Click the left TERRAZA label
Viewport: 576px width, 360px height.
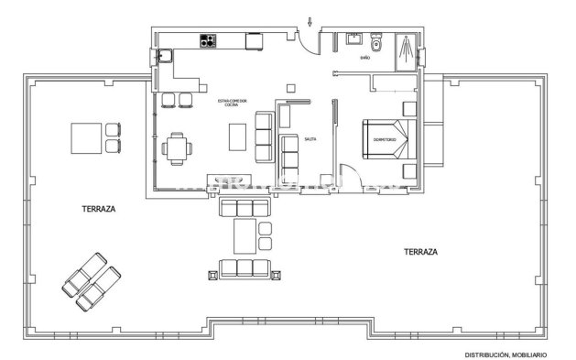(x=98, y=209)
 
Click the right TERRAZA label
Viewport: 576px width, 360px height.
(x=420, y=250)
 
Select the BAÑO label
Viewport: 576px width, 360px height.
(x=364, y=57)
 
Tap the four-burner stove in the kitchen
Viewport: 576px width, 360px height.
(x=209, y=40)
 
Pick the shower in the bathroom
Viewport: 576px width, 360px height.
(x=404, y=50)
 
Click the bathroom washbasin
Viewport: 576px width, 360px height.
(x=353, y=39)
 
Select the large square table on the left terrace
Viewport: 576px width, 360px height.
(x=88, y=138)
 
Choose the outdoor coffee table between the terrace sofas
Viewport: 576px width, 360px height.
(x=245, y=235)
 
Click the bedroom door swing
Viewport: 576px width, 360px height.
(x=348, y=174)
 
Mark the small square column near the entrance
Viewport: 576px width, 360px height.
(x=292, y=88)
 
